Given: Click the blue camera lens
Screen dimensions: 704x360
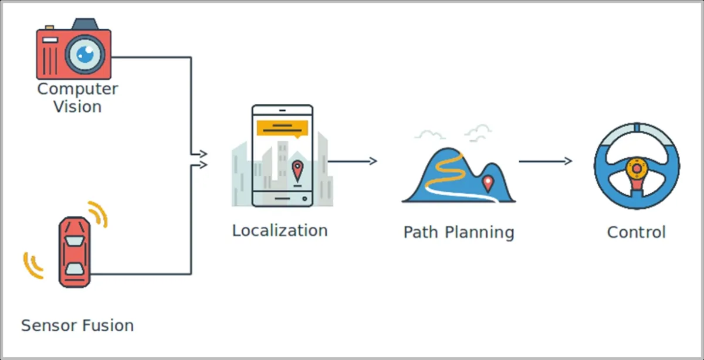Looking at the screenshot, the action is (85, 55).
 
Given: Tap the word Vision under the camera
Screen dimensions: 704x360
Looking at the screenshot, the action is (77, 107).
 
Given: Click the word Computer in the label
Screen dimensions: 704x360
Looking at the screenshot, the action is (77, 90).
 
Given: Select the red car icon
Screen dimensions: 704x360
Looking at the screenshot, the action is (75, 252).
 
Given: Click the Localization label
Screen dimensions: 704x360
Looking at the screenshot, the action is (280, 230).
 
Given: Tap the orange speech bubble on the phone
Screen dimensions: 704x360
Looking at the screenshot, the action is (282, 128).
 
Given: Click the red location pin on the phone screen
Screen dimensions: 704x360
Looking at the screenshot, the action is (297, 171).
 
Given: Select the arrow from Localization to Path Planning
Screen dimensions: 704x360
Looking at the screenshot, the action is (352, 161).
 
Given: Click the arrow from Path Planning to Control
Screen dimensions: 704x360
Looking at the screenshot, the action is (545, 161).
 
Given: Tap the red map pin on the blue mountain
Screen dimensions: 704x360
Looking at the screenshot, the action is (488, 184).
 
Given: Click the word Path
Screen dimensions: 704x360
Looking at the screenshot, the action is (421, 232).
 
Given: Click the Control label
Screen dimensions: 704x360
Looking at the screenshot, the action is (637, 232).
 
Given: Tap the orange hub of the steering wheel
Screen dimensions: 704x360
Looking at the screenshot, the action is (637, 169).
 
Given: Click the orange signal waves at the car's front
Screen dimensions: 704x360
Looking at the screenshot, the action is (99, 213).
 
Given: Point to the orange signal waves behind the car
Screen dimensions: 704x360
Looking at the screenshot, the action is (32, 266).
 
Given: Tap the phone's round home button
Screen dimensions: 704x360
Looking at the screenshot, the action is (304, 199).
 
